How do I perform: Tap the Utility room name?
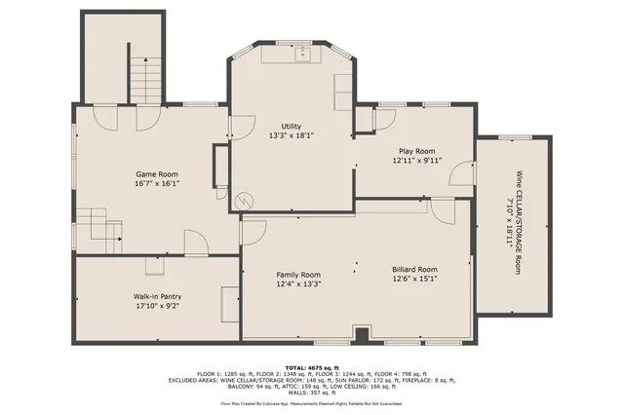(291, 127)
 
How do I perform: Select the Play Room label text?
(416, 151)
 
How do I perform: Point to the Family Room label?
(297, 275)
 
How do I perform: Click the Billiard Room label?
(414, 269)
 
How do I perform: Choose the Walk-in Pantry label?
(158, 296)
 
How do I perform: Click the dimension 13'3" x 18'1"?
(291, 136)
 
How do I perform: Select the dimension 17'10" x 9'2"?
(158, 306)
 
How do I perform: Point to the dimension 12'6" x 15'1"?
(414, 279)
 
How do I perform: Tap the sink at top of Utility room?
(303, 53)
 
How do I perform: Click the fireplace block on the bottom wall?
(362, 336)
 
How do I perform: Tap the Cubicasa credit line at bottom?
(311, 401)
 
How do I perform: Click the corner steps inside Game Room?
(100, 226)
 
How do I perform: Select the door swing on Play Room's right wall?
(457, 173)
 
